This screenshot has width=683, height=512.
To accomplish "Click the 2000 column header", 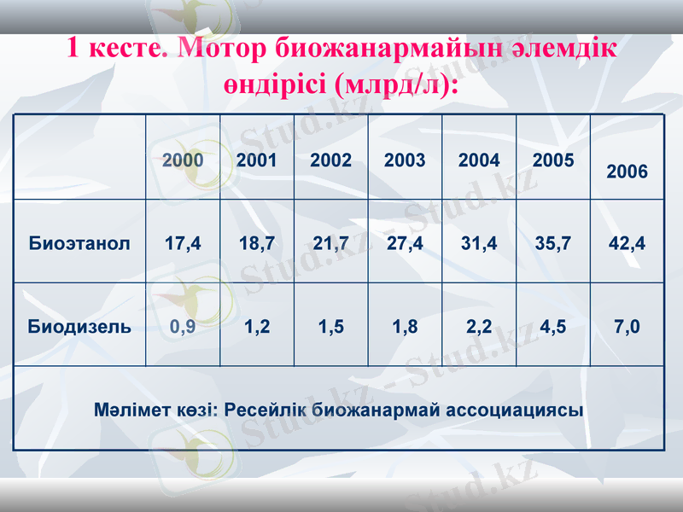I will (x=183, y=160).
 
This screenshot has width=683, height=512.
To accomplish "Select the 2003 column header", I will (x=405, y=160).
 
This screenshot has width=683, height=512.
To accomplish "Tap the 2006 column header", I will (x=627, y=172).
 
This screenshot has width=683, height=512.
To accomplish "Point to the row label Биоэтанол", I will (x=79, y=243).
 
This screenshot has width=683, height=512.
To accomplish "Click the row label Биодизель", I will (x=79, y=326).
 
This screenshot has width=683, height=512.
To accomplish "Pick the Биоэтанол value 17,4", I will (x=183, y=243).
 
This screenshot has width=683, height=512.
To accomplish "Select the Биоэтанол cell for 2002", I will (x=330, y=243).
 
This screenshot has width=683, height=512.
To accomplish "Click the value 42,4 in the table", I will (x=627, y=243).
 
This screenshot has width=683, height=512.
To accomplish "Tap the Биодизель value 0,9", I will (x=183, y=326).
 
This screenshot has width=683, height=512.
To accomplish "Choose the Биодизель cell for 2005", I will (x=552, y=326).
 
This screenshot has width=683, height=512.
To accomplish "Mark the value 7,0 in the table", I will (x=627, y=326).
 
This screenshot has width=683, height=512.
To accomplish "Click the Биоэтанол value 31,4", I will (x=479, y=243).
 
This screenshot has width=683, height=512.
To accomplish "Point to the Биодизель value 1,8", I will (x=405, y=326).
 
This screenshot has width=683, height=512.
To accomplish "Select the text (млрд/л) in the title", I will (x=394, y=85).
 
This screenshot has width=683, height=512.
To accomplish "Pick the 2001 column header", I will (x=256, y=160).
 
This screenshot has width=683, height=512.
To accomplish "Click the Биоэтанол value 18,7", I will (x=256, y=243).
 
